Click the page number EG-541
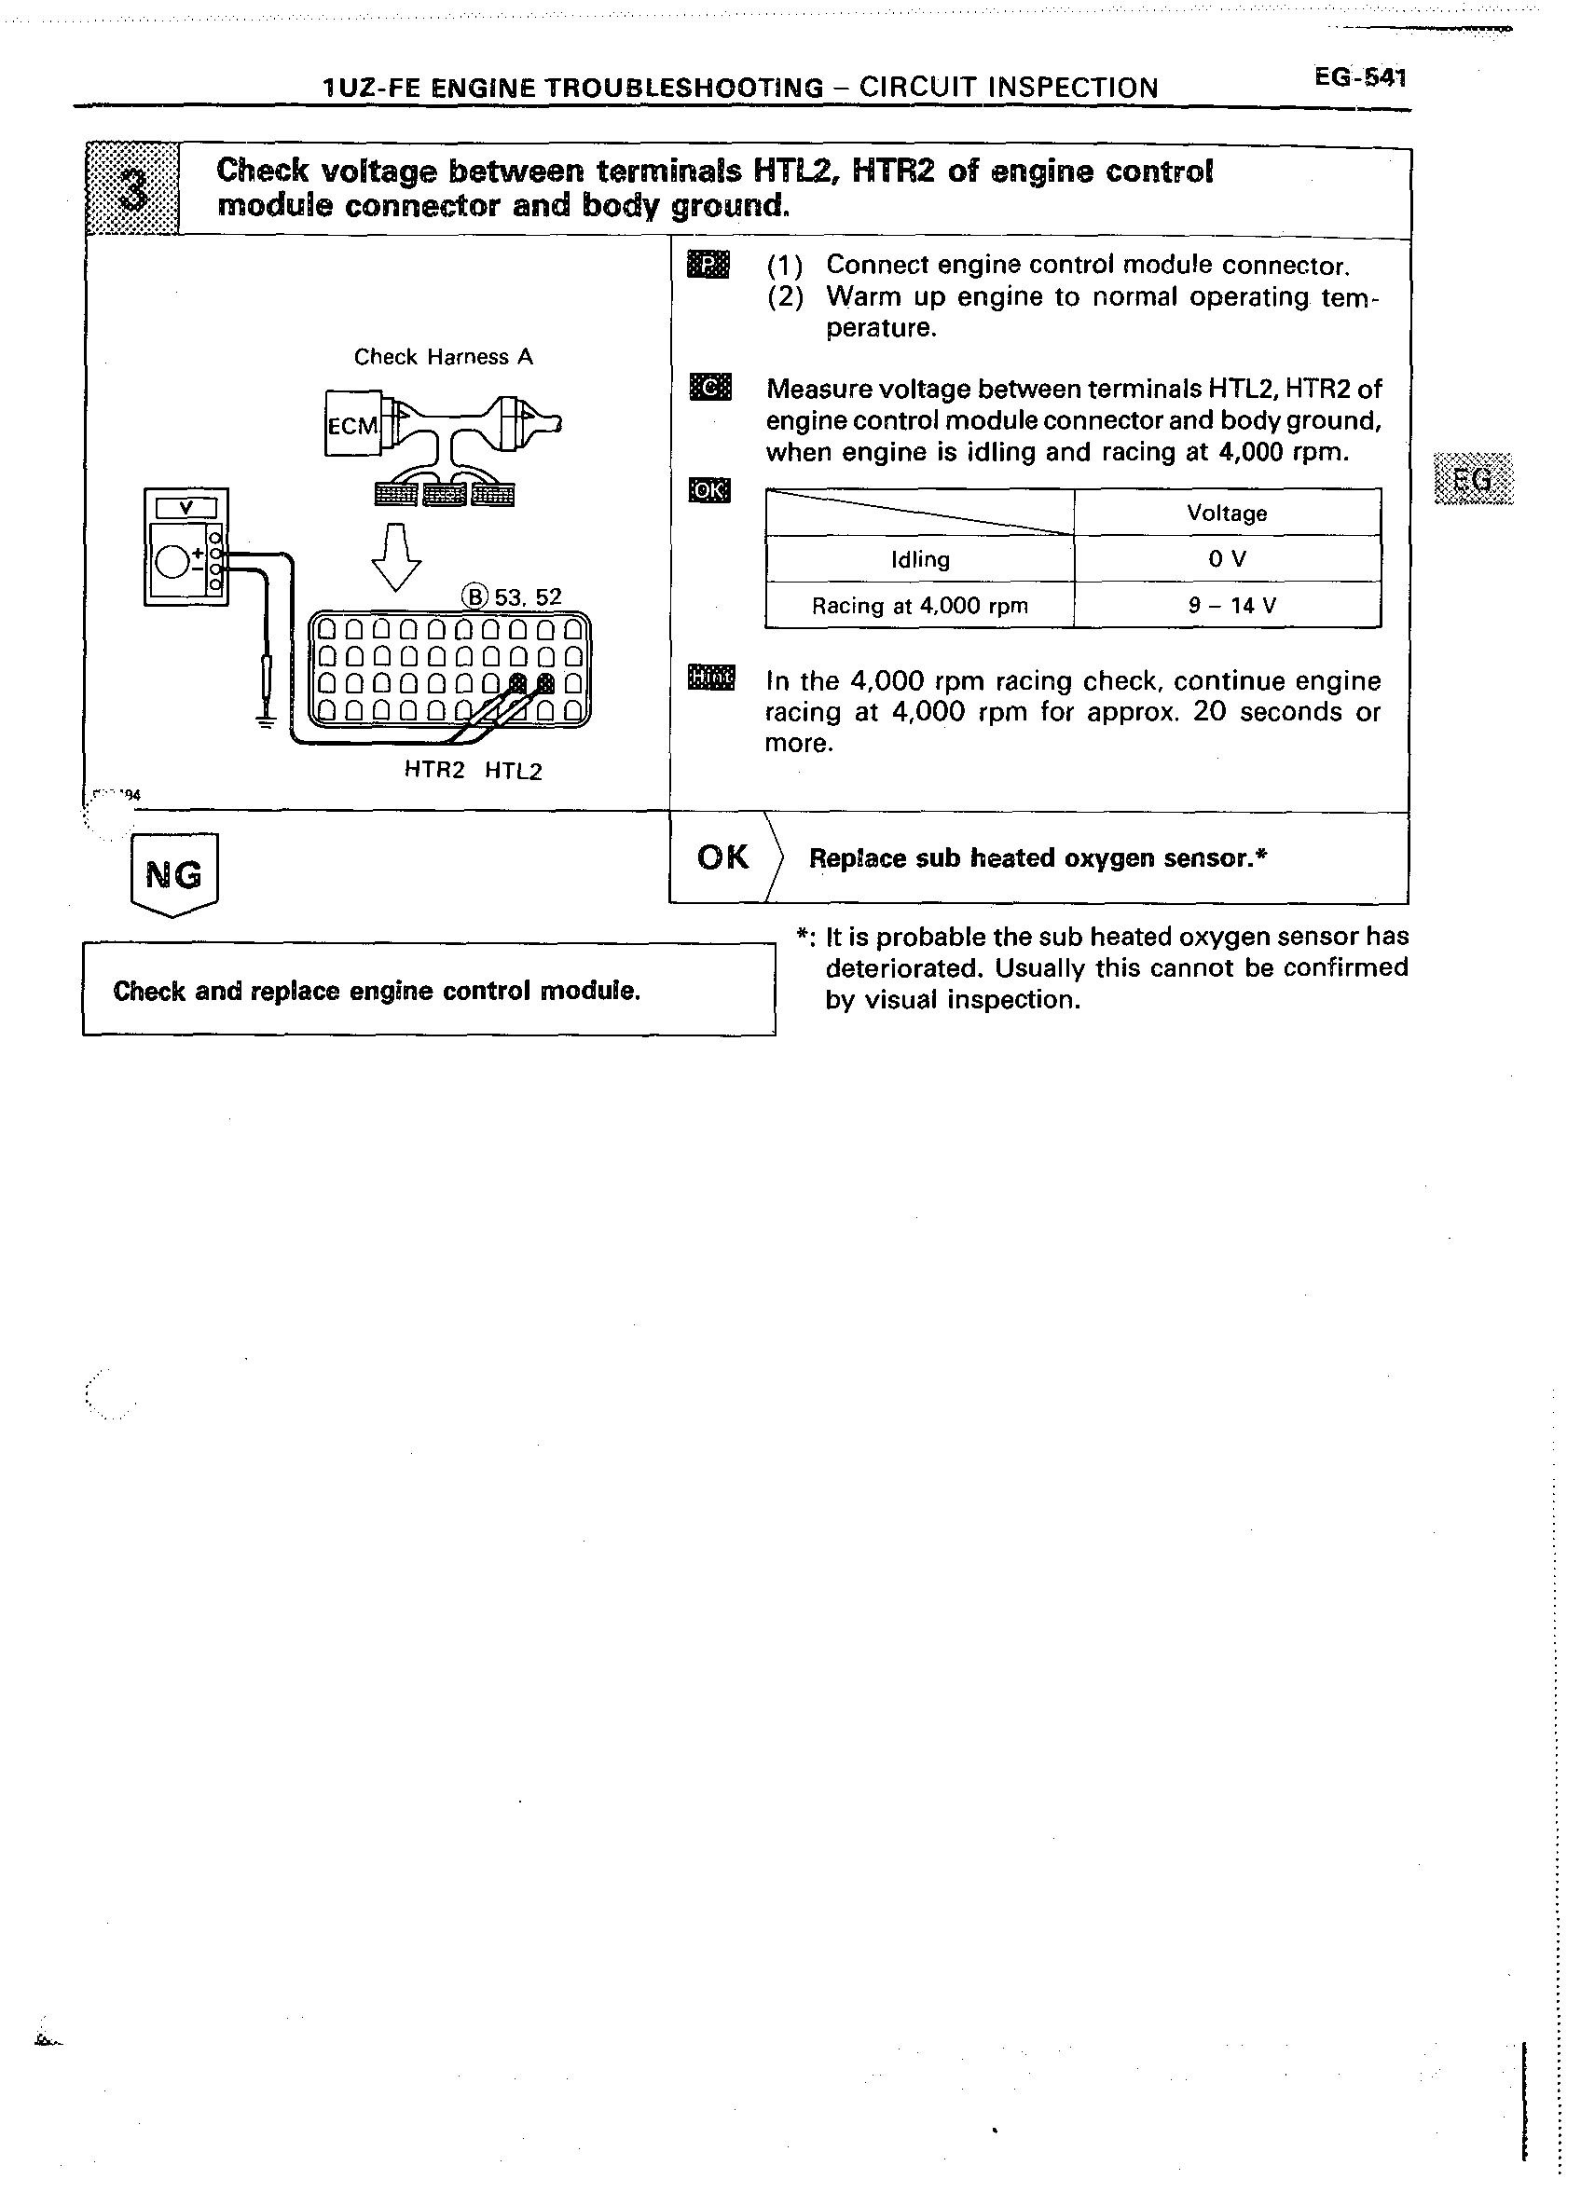pyautogui.click(x=1358, y=77)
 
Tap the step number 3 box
pyautogui.click(x=132, y=188)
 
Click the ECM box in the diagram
pyautogui.click(x=353, y=424)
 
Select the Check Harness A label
pyautogui.click(x=443, y=357)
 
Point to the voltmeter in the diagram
pyautogui.click(x=186, y=547)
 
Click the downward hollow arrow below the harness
pyautogui.click(x=396, y=556)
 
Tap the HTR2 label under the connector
pyautogui.click(x=434, y=771)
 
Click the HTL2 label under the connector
pyautogui.click(x=513, y=771)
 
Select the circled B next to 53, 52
pyautogui.click(x=474, y=596)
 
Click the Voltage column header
pyautogui.click(x=1226, y=513)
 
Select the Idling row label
pyautogui.click(x=919, y=559)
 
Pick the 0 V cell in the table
pyautogui.click(x=1226, y=559)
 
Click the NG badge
pyautogui.click(x=174, y=875)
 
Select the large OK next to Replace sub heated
pyautogui.click(x=722, y=857)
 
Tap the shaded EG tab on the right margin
pyautogui.click(x=1474, y=479)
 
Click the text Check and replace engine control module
pyautogui.click(x=377, y=991)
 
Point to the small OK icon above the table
pyautogui.click(x=708, y=491)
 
